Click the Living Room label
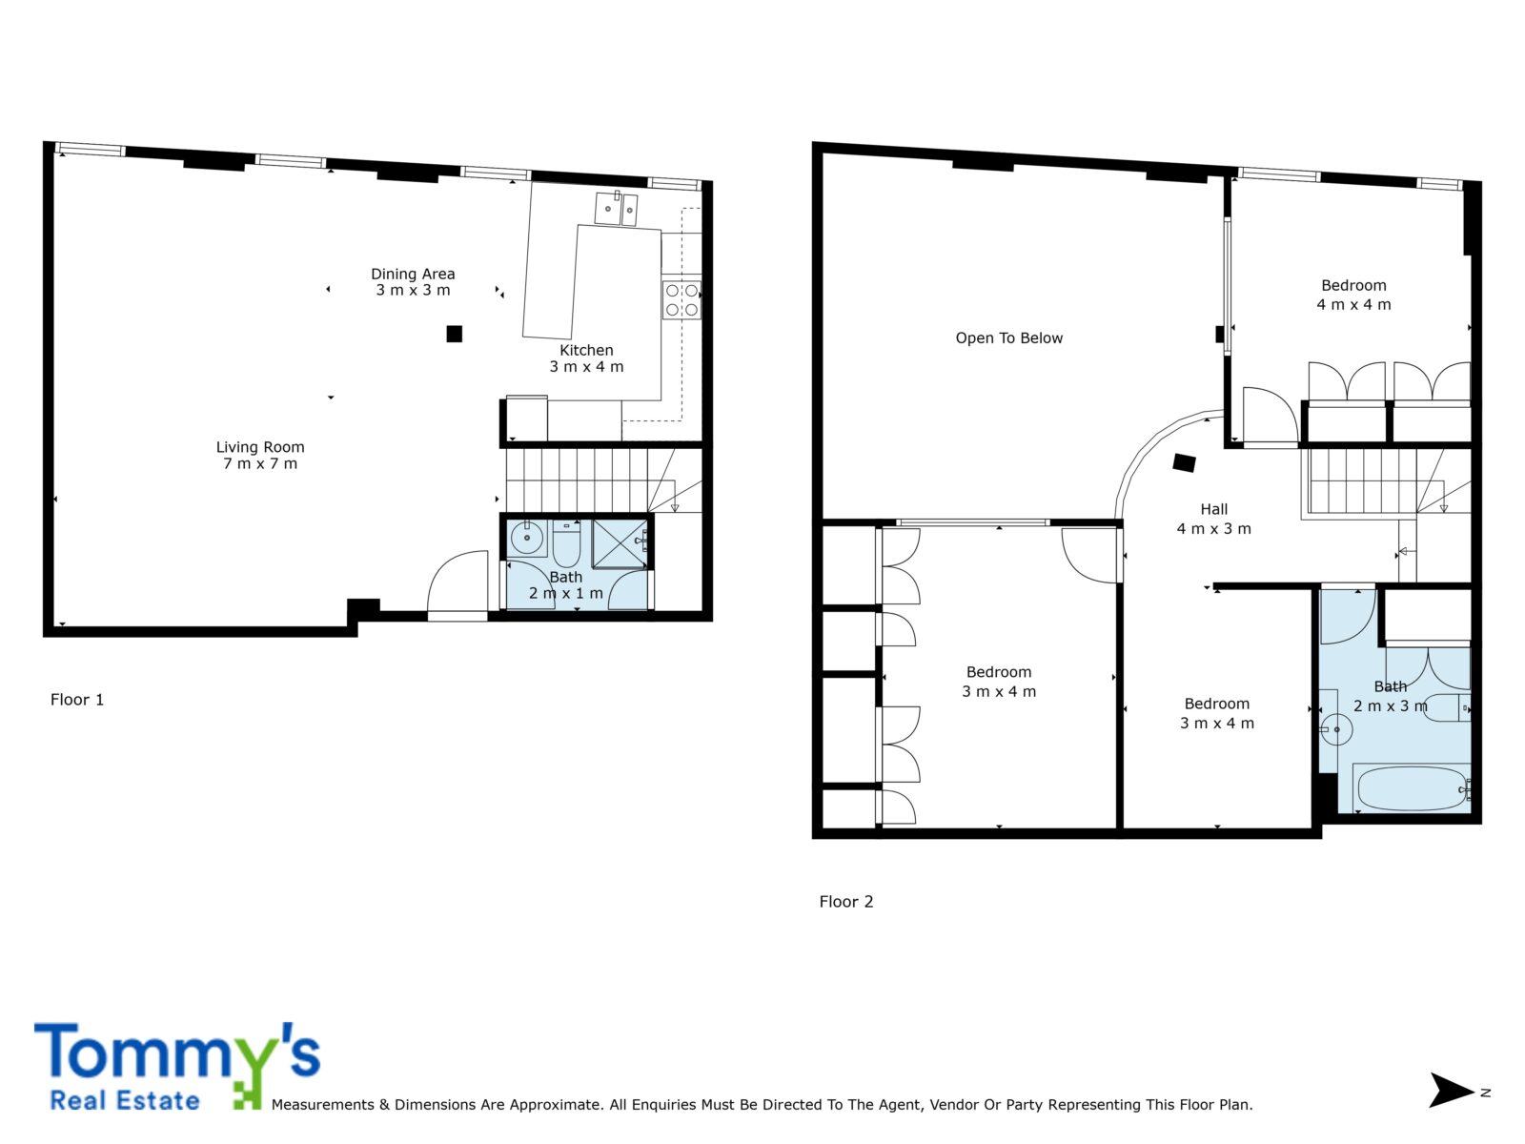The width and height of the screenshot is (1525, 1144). tap(260, 455)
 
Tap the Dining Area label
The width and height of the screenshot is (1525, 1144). tap(413, 282)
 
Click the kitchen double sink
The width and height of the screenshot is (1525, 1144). tap(616, 208)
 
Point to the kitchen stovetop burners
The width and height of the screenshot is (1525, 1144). tap(681, 300)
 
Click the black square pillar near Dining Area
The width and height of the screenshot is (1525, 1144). tap(455, 334)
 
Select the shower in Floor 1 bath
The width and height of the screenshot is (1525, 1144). tap(620, 543)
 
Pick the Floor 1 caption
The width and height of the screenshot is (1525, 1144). tap(77, 700)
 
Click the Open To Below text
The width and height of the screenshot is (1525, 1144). tap(1008, 338)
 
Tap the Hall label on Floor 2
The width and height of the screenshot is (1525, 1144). tap(1213, 509)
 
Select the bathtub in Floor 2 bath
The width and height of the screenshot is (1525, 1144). tap(1411, 787)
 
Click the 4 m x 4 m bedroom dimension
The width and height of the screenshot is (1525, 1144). tap(1353, 304)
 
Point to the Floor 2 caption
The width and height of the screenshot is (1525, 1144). tap(845, 902)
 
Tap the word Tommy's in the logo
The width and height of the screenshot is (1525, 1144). tap(177, 1053)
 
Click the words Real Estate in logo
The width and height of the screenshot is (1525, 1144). tap(125, 1101)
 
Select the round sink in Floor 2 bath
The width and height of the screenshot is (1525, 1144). tap(1335, 729)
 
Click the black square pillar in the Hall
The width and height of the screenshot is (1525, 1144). tap(1184, 462)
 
